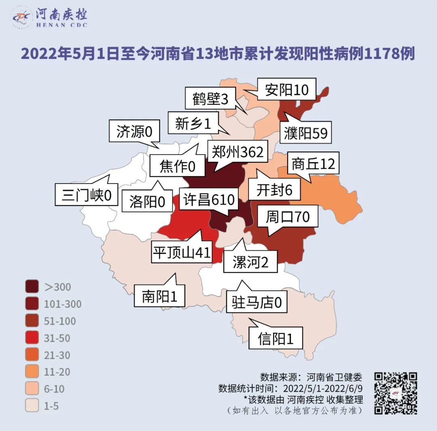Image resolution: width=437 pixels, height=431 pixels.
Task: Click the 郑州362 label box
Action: click(238, 152)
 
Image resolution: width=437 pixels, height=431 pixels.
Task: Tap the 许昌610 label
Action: click(209, 200)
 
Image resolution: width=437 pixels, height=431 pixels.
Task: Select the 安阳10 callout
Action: click(286, 90)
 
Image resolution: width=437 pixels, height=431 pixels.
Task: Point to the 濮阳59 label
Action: click(305, 133)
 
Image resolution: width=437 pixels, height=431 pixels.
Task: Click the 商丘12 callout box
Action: click(313, 164)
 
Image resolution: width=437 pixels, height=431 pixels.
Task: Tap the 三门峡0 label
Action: click(87, 195)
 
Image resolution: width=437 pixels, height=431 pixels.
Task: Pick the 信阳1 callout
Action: click(276, 338)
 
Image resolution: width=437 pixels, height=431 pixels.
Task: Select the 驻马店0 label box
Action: click(257, 302)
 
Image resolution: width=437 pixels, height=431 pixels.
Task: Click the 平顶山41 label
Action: click(182, 253)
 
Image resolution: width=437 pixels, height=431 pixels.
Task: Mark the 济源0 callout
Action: click(134, 131)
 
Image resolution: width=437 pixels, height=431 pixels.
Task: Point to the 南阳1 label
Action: click(159, 296)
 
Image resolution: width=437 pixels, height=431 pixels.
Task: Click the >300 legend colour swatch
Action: click(32, 287)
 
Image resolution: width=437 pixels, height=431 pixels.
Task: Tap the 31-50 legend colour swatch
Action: click(32, 338)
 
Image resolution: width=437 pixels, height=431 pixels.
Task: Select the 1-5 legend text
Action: click(51, 406)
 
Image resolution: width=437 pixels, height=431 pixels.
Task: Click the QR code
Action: click(395, 393)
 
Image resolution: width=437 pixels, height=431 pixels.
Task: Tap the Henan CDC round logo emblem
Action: click(21, 17)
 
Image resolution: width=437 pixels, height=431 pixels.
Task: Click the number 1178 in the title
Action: click(380, 53)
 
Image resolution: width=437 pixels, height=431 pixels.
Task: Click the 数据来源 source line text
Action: click(311, 378)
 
